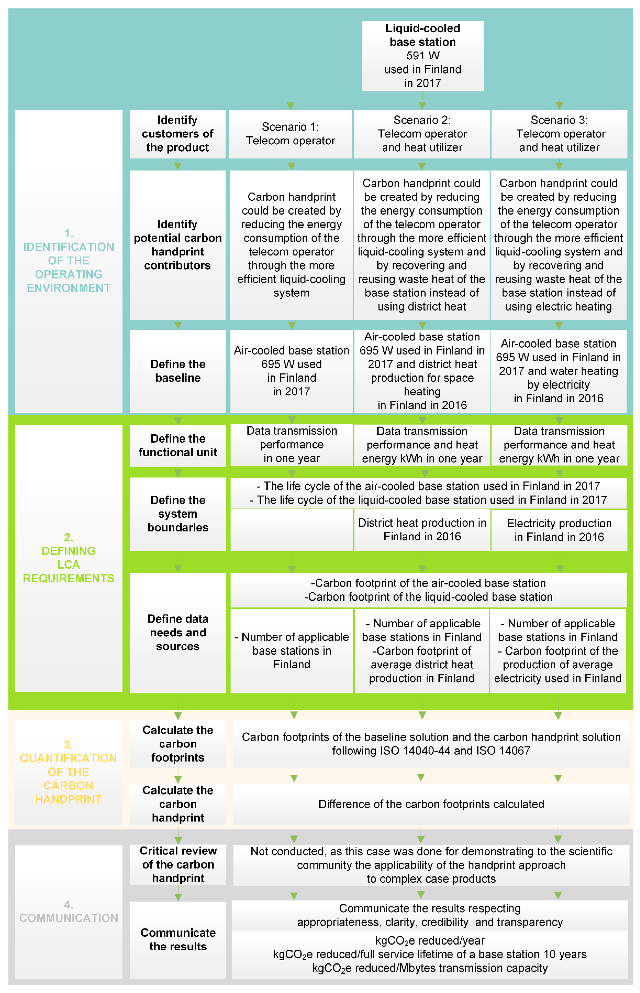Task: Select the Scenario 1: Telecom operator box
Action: point(290,134)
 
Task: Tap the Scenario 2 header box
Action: point(422,134)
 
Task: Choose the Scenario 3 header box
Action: point(559,134)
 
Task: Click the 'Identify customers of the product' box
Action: point(177,134)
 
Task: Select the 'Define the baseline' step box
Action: point(178,371)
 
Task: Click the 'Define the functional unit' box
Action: point(178,445)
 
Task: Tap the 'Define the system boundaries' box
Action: point(178,514)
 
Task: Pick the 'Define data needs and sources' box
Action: point(178,633)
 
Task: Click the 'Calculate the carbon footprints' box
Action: point(178,744)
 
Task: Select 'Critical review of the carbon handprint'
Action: point(178,865)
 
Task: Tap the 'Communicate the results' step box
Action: point(178,939)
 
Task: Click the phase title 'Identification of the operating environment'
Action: point(69,261)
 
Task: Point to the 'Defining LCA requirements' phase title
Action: point(69,558)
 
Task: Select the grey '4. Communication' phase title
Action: point(69,912)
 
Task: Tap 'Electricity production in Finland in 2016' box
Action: point(559,530)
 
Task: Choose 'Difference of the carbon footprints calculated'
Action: point(431,804)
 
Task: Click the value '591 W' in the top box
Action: point(423,56)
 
